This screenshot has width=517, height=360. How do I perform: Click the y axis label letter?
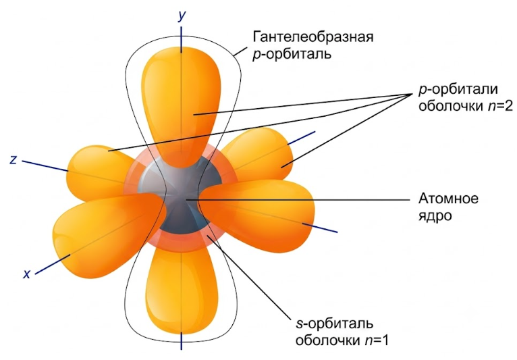click(x=182, y=15)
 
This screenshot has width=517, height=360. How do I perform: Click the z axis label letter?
click(x=13, y=159)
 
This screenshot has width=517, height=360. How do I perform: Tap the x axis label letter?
click(x=27, y=274)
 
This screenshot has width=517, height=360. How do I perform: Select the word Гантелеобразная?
click(x=313, y=36)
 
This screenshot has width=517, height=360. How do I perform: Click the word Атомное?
click(x=448, y=199)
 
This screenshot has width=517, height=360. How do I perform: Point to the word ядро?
click(x=435, y=216)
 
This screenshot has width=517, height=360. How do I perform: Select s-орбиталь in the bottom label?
click(x=335, y=324)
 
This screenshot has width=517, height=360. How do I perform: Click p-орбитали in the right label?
click(x=458, y=89)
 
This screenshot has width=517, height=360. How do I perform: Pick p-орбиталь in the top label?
click(x=292, y=54)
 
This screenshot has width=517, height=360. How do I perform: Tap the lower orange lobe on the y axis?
click(x=181, y=290)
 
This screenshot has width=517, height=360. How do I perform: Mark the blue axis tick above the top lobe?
click(x=181, y=40)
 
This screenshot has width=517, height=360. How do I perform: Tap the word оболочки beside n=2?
click(x=452, y=107)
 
